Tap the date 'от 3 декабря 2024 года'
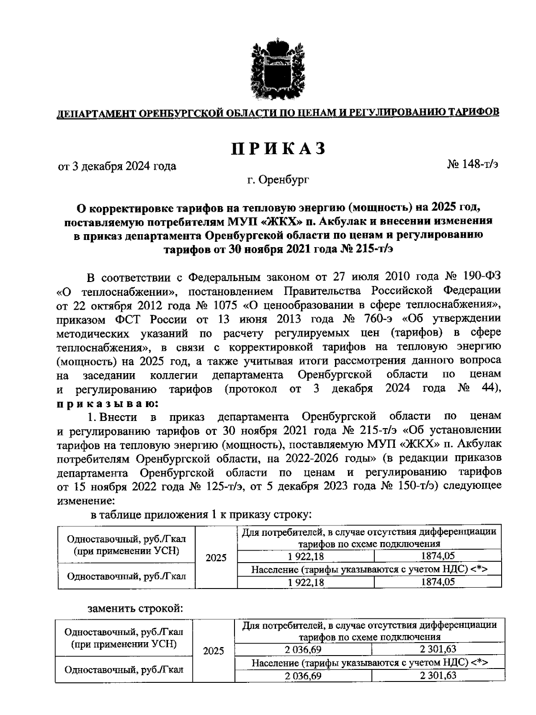pyautogui.click(x=117, y=166)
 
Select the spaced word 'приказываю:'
pyautogui.click(x=107, y=403)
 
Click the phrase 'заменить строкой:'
pyautogui.click(x=135, y=608)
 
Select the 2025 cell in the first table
pyautogui.click(x=216, y=558)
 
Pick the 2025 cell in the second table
pyautogui.click(x=213, y=651)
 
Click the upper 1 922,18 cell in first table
pyautogui.click(x=306, y=556)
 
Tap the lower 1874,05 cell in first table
pyautogui.click(x=437, y=581)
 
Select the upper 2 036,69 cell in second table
pyautogui.click(x=303, y=649)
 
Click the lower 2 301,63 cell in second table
pyautogui.click(x=438, y=675)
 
